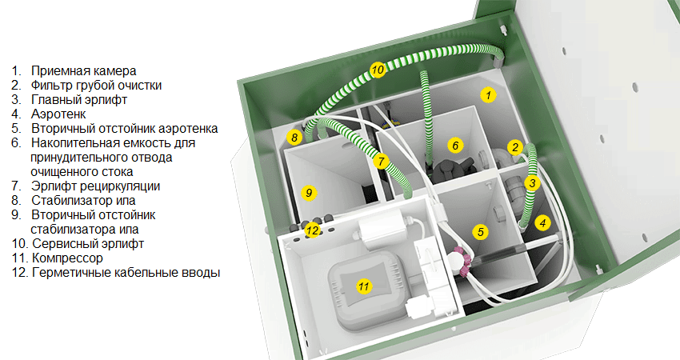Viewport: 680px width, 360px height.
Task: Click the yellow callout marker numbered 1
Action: pyautogui.click(x=486, y=95)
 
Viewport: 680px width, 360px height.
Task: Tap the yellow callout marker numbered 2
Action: pyautogui.click(x=516, y=146)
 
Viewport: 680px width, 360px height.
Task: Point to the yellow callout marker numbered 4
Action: pyautogui.click(x=543, y=223)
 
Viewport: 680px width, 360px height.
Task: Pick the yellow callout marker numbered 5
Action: pyautogui.click(x=480, y=232)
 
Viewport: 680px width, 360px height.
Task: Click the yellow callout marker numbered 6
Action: pyautogui.click(x=454, y=146)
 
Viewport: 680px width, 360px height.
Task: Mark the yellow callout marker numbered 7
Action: pyautogui.click(x=382, y=161)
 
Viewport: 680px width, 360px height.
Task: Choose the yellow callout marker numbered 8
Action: pyautogui.click(x=295, y=138)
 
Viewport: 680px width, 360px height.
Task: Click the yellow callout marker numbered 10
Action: pyautogui.click(x=378, y=70)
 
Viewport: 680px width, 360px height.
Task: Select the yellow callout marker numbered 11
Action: pyautogui.click(x=364, y=286)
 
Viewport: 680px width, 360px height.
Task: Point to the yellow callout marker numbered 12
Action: pyautogui.click(x=313, y=230)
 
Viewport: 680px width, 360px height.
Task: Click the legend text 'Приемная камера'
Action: pyautogui.click(x=83, y=70)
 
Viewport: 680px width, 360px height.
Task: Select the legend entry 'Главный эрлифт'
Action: pyautogui.click(x=79, y=99)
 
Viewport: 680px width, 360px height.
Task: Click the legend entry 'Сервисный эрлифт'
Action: pyautogui.click(x=87, y=243)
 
